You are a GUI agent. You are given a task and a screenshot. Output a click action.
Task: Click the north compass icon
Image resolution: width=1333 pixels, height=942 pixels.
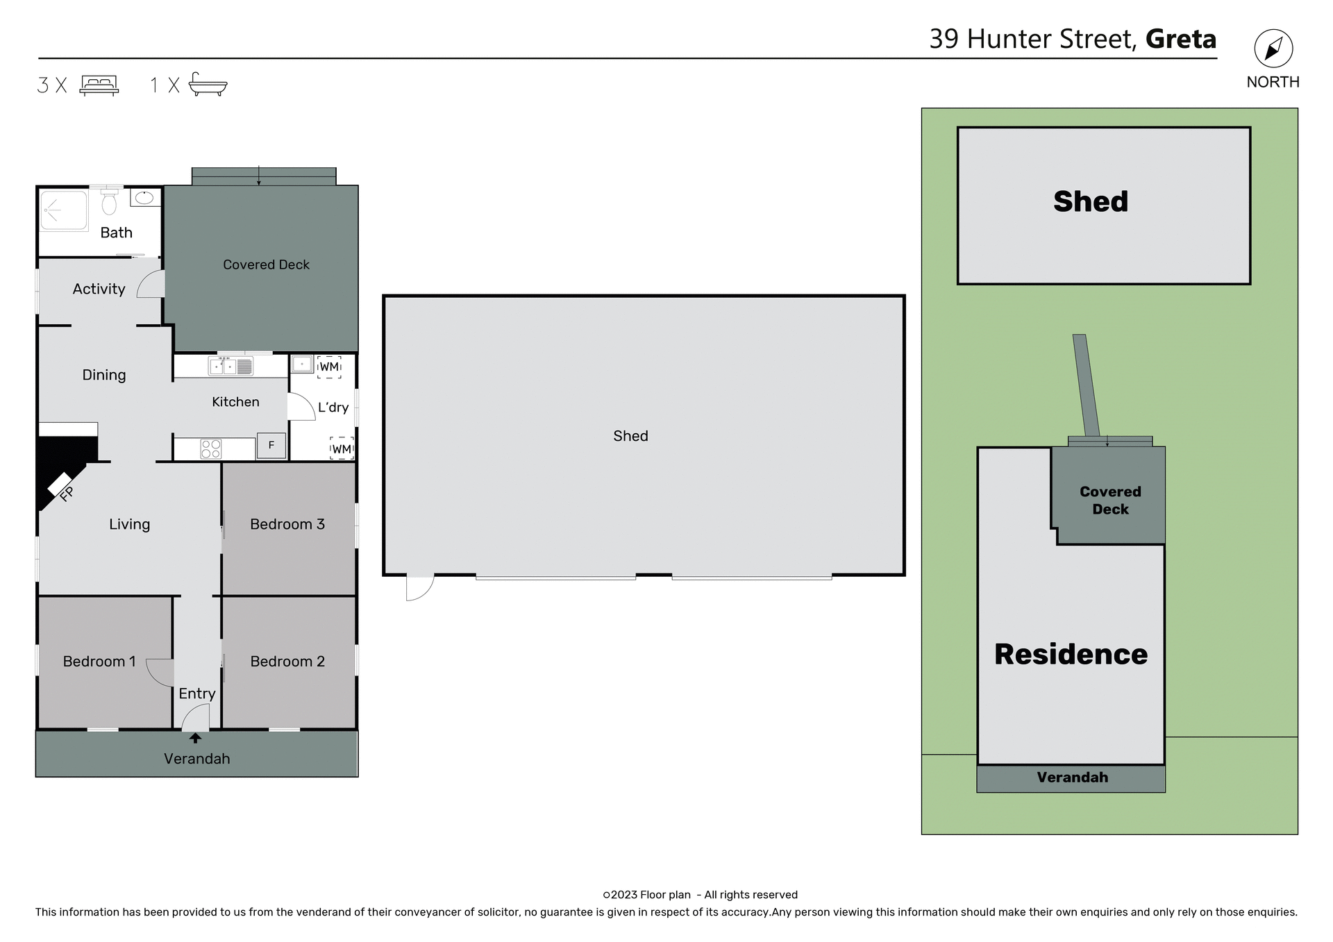tap(1273, 49)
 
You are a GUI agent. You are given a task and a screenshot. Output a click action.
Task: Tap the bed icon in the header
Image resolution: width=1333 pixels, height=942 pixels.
tap(99, 85)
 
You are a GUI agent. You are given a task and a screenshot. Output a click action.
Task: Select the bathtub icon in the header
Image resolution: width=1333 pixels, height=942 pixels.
tap(208, 84)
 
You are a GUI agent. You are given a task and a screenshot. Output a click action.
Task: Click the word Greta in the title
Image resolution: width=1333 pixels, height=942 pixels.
tap(1180, 39)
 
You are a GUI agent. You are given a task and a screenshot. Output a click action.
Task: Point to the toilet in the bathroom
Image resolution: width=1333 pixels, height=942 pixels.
tap(109, 202)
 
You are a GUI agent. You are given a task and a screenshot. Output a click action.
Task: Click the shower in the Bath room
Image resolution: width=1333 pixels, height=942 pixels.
tap(63, 210)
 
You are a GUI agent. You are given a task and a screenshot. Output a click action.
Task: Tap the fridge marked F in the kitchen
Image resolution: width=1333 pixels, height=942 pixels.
tap(271, 445)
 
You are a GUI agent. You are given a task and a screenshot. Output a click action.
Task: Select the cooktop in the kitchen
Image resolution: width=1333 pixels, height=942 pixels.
tap(211, 448)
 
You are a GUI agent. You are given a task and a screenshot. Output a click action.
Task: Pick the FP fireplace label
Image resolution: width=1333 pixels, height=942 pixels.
tap(66, 494)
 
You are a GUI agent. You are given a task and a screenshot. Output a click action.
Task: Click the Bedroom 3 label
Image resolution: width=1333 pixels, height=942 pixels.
tap(287, 524)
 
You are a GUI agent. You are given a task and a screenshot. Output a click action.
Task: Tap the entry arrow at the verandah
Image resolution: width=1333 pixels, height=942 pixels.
tap(195, 738)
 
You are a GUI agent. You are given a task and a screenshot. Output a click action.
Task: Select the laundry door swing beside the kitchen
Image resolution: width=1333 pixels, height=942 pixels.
tap(300, 407)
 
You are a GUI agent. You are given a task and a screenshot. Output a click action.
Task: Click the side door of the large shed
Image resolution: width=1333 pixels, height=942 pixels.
tap(419, 587)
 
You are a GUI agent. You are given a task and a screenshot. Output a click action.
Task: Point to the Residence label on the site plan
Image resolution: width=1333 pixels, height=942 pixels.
tap(1070, 654)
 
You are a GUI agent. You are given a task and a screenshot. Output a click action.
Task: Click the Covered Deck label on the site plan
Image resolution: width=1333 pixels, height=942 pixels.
tap(1109, 500)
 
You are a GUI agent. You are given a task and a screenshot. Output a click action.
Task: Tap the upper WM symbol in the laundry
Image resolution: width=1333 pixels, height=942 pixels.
tap(329, 367)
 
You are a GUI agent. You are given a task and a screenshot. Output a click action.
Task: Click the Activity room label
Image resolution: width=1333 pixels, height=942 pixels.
tap(99, 289)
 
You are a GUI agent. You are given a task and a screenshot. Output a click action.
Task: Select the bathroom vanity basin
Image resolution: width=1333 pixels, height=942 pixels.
tap(144, 198)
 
